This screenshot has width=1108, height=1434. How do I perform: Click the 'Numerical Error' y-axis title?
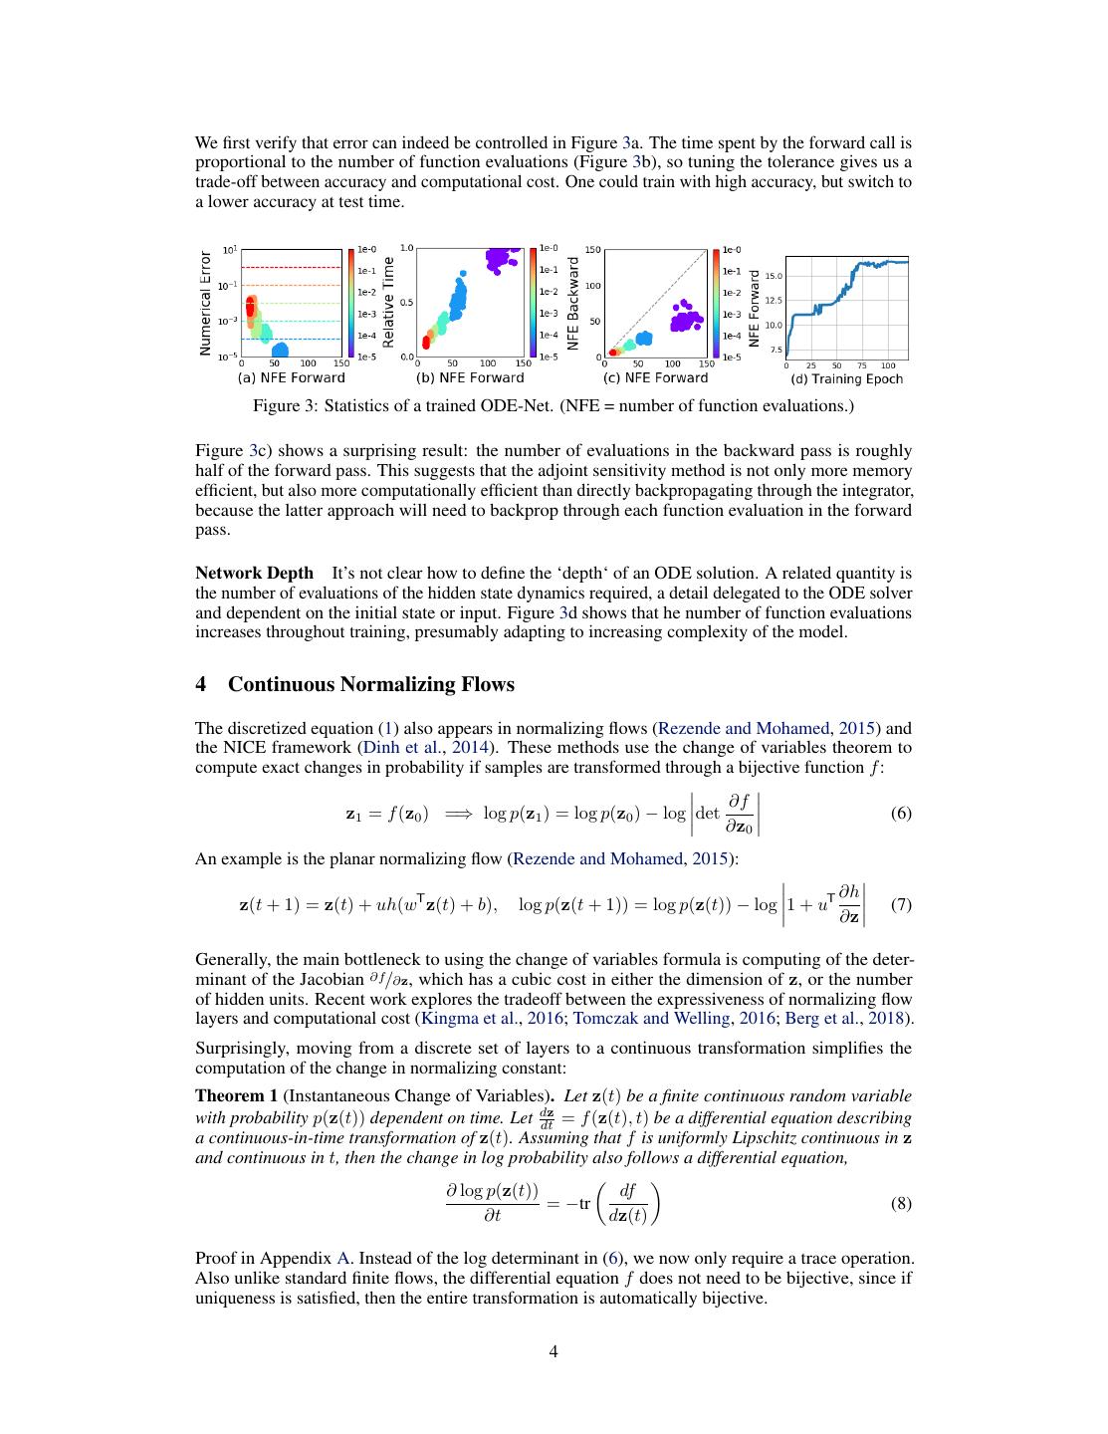pyautogui.click(x=205, y=303)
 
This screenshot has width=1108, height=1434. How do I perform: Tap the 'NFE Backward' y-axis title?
pyautogui.click(x=572, y=303)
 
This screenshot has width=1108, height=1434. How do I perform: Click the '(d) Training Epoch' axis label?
pyautogui.click(x=846, y=378)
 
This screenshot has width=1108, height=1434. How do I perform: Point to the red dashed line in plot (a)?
pyautogui.click(x=291, y=267)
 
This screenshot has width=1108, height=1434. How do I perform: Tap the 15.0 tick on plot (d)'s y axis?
pyautogui.click(x=774, y=276)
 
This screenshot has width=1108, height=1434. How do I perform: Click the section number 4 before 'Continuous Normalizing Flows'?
pyautogui.click(x=201, y=684)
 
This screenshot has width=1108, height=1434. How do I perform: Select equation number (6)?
pyautogui.click(x=900, y=814)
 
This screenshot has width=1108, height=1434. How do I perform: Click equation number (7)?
pyautogui.click(x=900, y=905)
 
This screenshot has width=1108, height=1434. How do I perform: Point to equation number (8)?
pyautogui.click(x=900, y=1203)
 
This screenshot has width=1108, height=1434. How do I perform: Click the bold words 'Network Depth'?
pyautogui.click(x=254, y=573)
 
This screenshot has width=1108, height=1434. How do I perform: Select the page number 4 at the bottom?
pyautogui.click(x=554, y=1351)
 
